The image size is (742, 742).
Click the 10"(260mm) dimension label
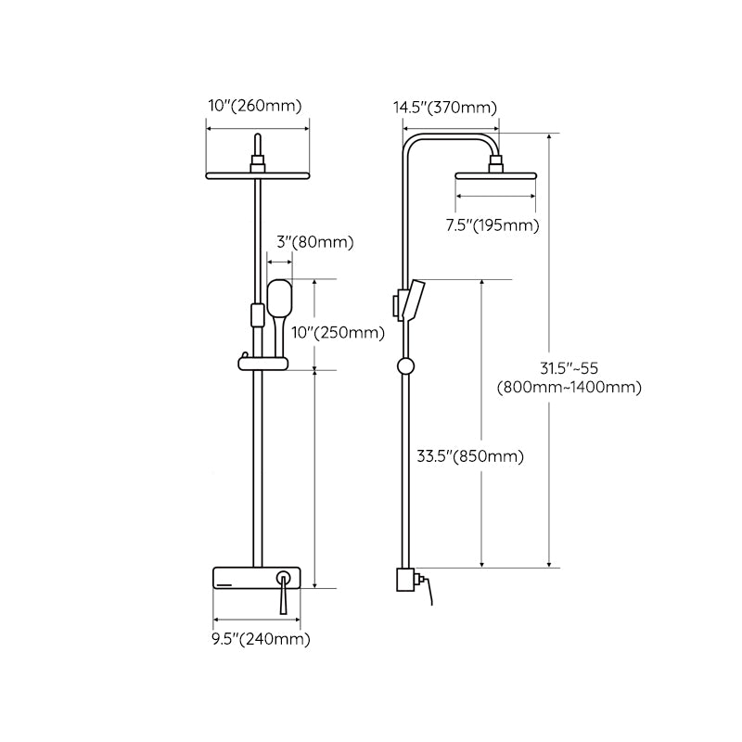click(x=254, y=107)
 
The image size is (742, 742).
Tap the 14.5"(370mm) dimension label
click(x=445, y=108)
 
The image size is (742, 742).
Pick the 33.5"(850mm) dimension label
click(x=469, y=455)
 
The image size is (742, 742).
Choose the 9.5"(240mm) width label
click(x=262, y=638)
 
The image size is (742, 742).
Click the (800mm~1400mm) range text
click(x=569, y=388)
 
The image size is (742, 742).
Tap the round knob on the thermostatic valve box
click(x=283, y=580)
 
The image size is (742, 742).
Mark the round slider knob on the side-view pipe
click(x=404, y=365)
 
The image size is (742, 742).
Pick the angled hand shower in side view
click(x=415, y=300)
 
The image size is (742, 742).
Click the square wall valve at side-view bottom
click(x=404, y=581)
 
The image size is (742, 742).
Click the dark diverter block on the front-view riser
click(x=256, y=314)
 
